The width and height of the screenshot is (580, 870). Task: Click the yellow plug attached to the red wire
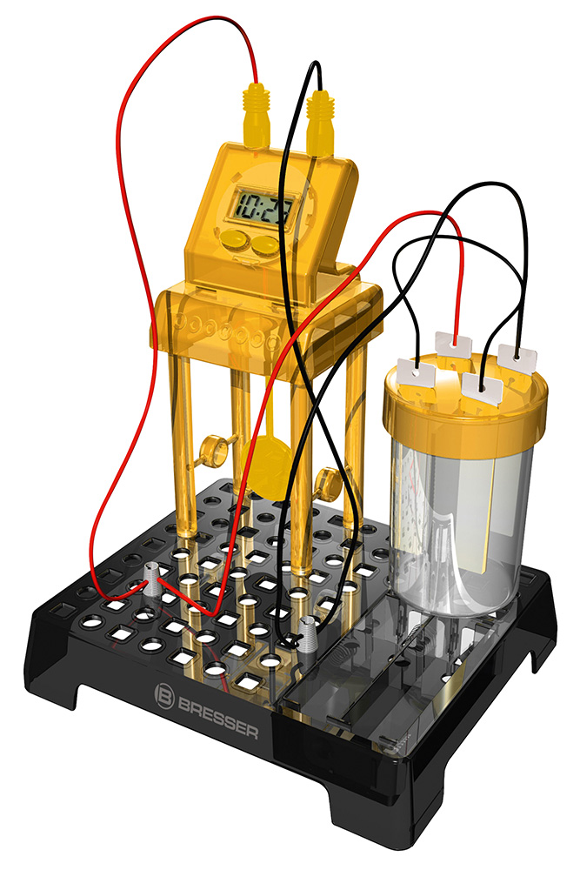tap(257, 115)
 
